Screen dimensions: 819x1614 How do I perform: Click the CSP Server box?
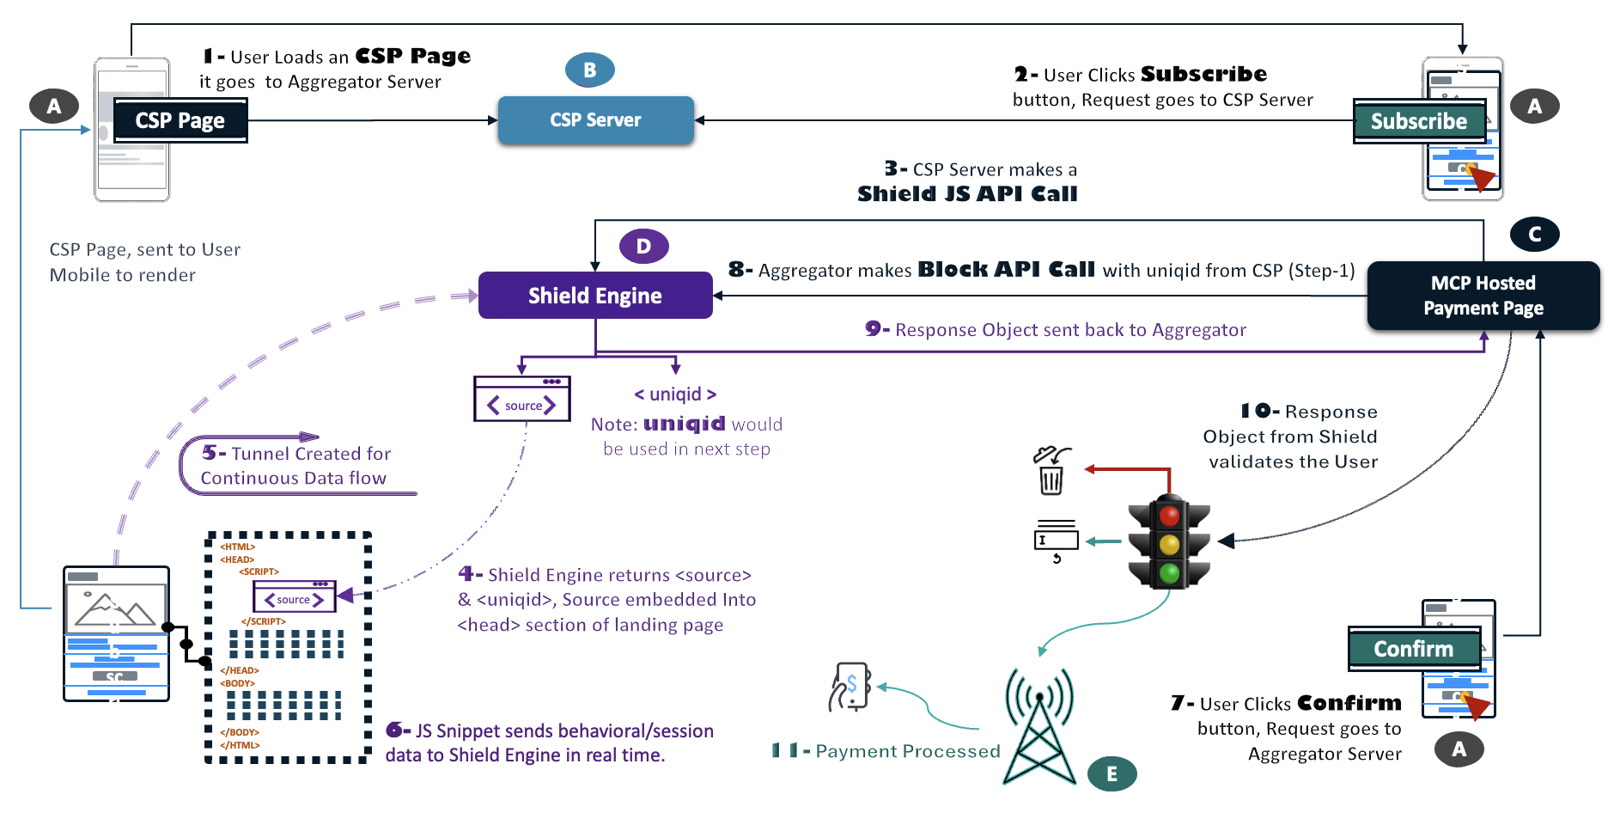(595, 120)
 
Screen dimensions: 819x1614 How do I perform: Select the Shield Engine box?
(595, 296)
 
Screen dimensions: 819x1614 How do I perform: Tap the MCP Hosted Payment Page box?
(1483, 296)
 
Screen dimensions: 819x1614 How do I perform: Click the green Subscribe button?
(1418, 121)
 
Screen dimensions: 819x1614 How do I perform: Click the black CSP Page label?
(180, 120)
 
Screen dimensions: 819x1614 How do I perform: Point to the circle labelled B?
(589, 70)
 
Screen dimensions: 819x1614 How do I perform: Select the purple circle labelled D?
(643, 247)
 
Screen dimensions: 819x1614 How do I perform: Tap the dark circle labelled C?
(1534, 234)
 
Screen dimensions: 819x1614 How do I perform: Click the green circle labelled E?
(1112, 773)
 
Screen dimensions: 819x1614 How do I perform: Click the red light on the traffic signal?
(1169, 516)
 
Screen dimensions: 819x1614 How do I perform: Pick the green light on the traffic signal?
(1169, 572)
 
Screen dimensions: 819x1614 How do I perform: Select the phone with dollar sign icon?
(850, 687)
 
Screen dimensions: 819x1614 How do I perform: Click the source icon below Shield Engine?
(522, 400)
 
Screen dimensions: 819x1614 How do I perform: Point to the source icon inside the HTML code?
(294, 597)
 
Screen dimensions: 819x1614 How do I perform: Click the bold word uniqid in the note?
(684, 424)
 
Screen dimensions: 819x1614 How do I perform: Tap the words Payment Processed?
(907, 751)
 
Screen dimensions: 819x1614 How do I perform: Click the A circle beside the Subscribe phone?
(1534, 107)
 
